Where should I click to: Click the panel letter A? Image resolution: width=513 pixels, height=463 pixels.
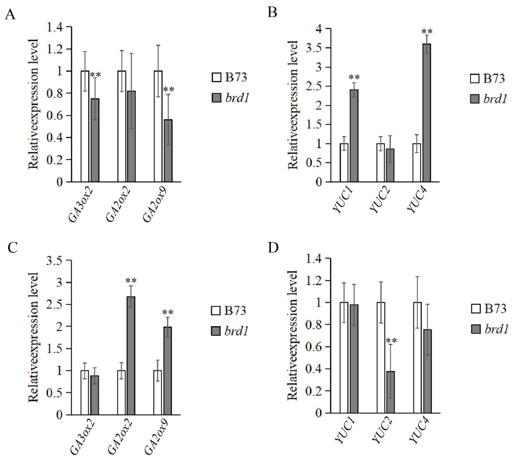[10, 15]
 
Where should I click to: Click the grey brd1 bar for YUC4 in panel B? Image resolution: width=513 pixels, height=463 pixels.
[427, 113]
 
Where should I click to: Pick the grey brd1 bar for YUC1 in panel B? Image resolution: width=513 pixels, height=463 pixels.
[354, 136]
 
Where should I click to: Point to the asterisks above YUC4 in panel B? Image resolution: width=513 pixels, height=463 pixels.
[427, 32]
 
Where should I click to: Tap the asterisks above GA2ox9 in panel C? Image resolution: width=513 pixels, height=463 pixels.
[168, 312]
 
